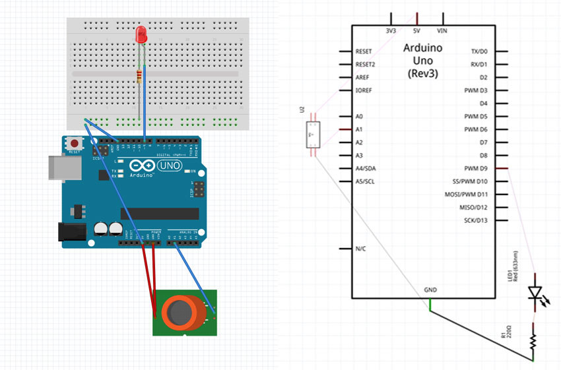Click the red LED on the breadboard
pos(141,34)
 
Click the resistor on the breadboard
pos(139,76)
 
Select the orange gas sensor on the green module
pos(179,312)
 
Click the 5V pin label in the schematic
pos(417,30)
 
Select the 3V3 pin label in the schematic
pos(391,30)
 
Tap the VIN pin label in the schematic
pos(444,30)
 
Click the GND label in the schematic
pos(430,290)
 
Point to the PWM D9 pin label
pos(475,168)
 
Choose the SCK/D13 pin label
pos(475,220)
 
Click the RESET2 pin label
pos(365,65)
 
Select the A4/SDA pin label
pos(367,168)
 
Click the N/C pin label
pos(361,249)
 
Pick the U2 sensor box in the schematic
pos(313,135)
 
